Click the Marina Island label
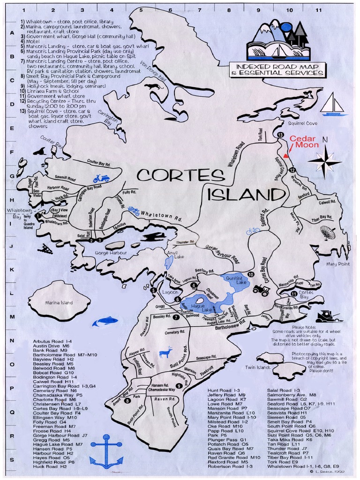point(59,303)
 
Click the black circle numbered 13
point(280,135)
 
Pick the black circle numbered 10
point(251,274)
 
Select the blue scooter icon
point(101,178)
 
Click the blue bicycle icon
point(253,231)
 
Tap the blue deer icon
point(166,352)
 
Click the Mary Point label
point(338,264)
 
